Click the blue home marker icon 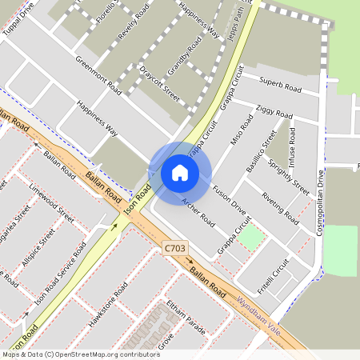[180, 173]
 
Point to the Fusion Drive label [229, 199]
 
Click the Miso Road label [241, 130]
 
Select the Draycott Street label [159, 82]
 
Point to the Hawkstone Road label [110, 302]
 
